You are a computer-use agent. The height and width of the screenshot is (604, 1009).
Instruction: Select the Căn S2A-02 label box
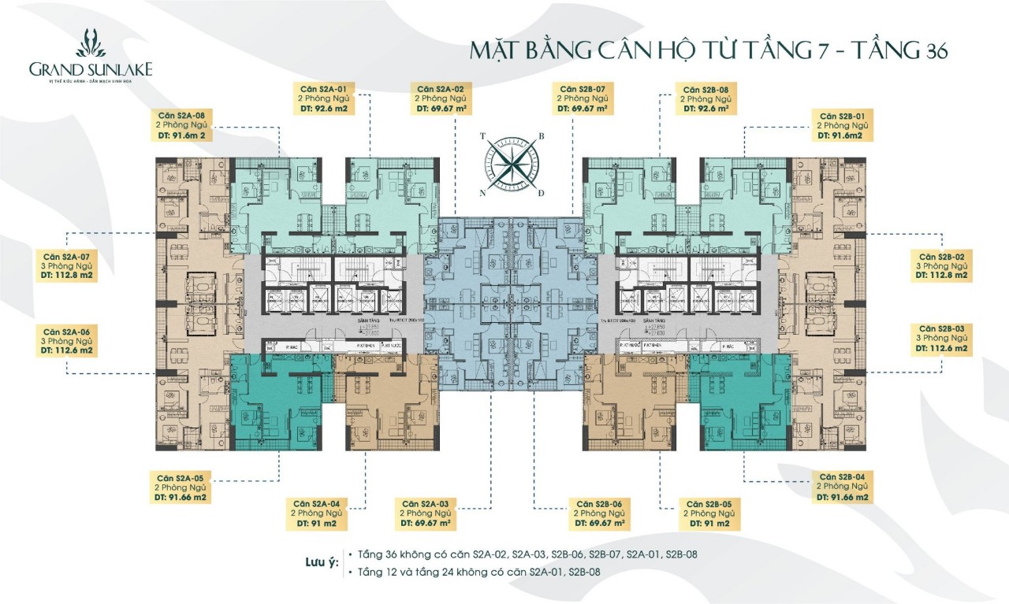tap(445, 98)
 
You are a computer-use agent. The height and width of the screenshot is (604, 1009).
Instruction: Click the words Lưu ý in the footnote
tap(322, 564)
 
